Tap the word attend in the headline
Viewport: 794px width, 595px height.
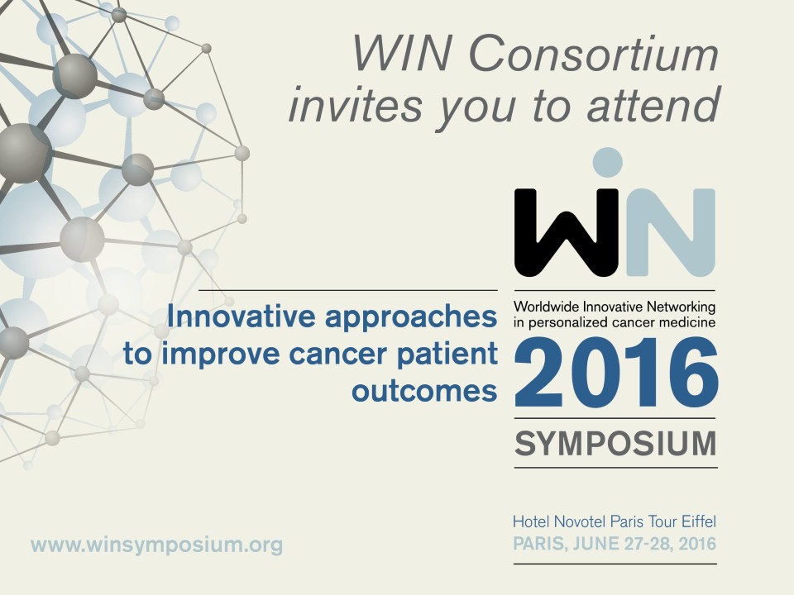pyautogui.click(x=653, y=104)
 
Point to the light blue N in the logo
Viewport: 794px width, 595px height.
pyautogui.click(x=671, y=233)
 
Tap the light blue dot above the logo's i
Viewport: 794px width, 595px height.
pyautogui.click(x=607, y=163)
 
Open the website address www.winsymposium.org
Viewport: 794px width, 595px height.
pyautogui.click(x=156, y=545)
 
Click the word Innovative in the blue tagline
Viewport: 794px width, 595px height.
pyautogui.click(x=241, y=317)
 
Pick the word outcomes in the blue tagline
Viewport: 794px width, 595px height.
pyautogui.click(x=424, y=391)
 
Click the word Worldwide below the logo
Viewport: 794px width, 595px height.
pyautogui.click(x=547, y=307)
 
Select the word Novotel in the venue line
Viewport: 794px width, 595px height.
pyautogui.click(x=581, y=521)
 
